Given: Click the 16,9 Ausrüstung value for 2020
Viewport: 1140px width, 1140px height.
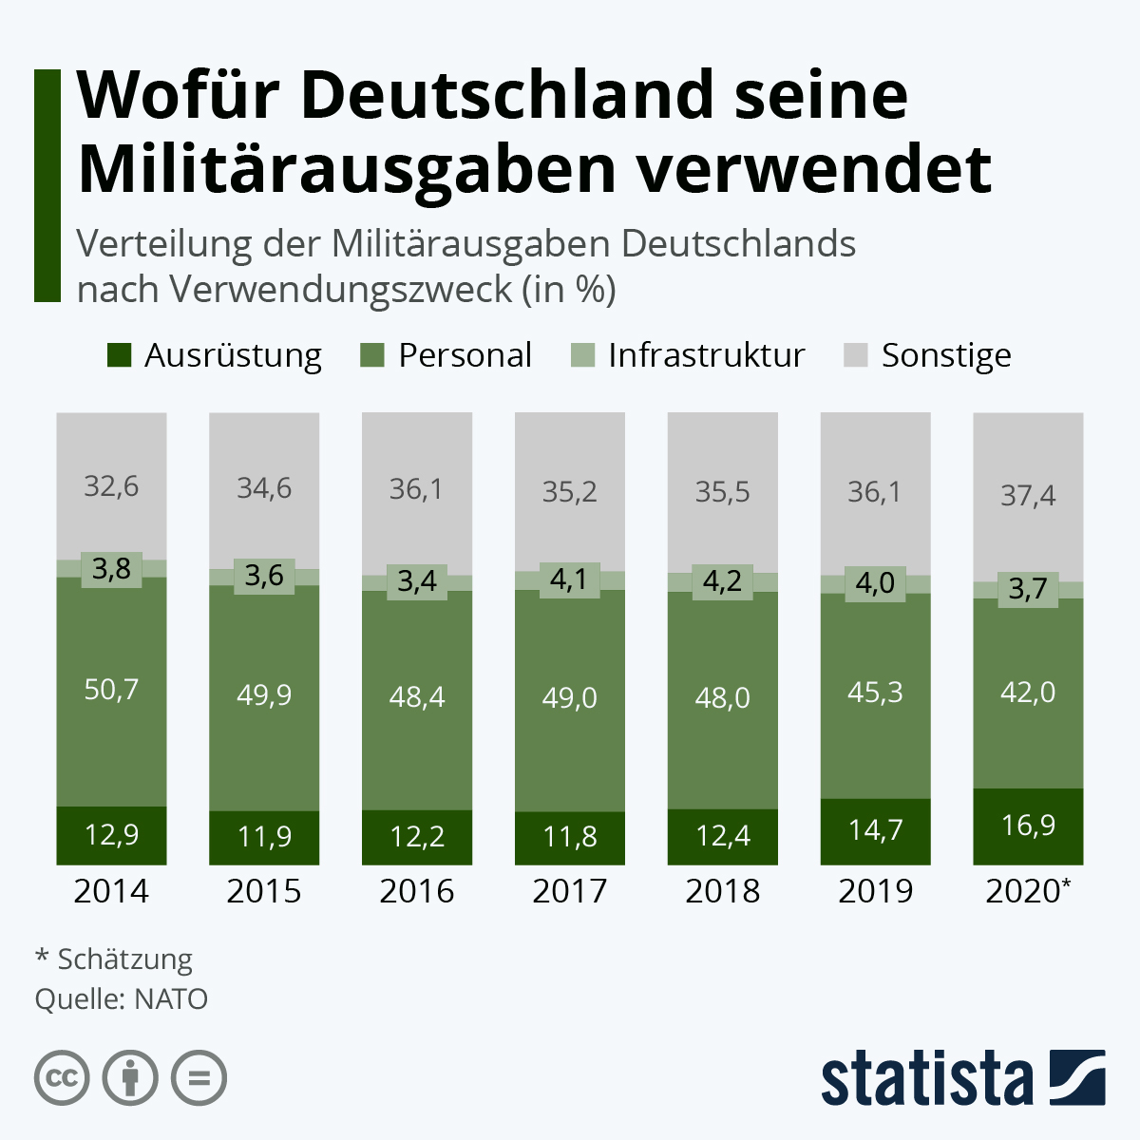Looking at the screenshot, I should (1028, 825).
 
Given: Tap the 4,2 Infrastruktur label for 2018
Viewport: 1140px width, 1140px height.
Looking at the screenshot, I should (722, 580).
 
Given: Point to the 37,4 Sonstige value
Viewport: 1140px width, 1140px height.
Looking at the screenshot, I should (1028, 495).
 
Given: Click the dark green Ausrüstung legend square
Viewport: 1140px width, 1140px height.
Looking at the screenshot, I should (119, 355).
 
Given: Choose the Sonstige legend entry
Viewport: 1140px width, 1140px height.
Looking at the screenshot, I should (945, 355).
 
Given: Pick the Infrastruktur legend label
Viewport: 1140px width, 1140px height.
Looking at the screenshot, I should (706, 355).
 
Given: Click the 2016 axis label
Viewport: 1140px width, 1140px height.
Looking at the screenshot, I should (417, 891).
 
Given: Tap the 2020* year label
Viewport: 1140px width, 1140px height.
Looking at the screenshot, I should (1028, 891).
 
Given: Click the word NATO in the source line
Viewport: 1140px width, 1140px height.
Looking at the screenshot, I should (171, 999).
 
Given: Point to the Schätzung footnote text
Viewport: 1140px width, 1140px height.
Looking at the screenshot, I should (124, 959).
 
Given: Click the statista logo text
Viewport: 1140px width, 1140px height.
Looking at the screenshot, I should (926, 1079).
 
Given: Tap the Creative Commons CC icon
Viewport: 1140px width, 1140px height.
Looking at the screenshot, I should (62, 1078).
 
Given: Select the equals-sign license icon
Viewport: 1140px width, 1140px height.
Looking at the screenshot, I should (199, 1078).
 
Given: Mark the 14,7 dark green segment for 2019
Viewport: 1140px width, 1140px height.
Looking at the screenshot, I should (875, 830).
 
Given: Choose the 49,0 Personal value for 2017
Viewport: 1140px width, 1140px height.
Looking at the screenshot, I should (570, 698).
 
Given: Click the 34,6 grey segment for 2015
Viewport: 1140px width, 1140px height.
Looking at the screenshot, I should (264, 488).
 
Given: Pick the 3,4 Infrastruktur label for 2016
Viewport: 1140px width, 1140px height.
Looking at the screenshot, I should (417, 580).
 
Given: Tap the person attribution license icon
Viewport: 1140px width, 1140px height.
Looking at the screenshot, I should (130, 1078).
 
